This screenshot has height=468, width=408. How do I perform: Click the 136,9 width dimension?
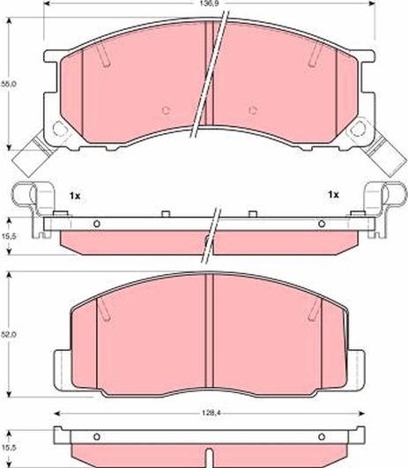point(204,5)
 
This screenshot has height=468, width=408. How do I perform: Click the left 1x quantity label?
point(74,194)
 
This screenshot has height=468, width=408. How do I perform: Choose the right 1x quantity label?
point(333,194)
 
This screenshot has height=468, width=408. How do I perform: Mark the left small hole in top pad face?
point(167,110)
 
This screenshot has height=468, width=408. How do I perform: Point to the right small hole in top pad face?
point(253,110)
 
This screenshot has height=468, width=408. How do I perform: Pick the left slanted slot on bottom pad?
point(103,308)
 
